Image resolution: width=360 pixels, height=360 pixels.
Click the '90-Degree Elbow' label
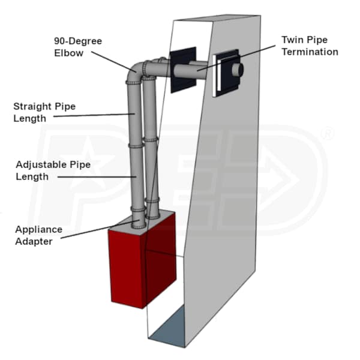[78, 47]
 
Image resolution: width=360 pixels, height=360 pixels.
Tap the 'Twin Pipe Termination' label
[310, 46]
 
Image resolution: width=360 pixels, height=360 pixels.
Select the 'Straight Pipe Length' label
[44, 112]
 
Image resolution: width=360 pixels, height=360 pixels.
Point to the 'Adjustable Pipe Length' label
[53, 170]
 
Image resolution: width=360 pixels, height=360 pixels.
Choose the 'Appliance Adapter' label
[39, 235]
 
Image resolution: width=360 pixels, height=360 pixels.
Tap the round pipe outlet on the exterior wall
[238, 70]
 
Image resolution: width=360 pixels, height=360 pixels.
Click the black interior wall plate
[183, 70]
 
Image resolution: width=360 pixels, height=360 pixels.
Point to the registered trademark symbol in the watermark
[328, 134]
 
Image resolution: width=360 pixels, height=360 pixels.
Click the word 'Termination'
[310, 52]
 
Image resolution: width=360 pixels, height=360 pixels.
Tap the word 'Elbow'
[68, 53]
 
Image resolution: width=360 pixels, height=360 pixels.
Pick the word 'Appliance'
[39, 230]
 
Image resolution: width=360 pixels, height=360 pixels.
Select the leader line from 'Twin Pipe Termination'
[236, 58]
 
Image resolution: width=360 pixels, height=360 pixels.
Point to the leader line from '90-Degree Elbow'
[114, 62]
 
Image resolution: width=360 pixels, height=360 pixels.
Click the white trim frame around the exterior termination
[216, 76]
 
